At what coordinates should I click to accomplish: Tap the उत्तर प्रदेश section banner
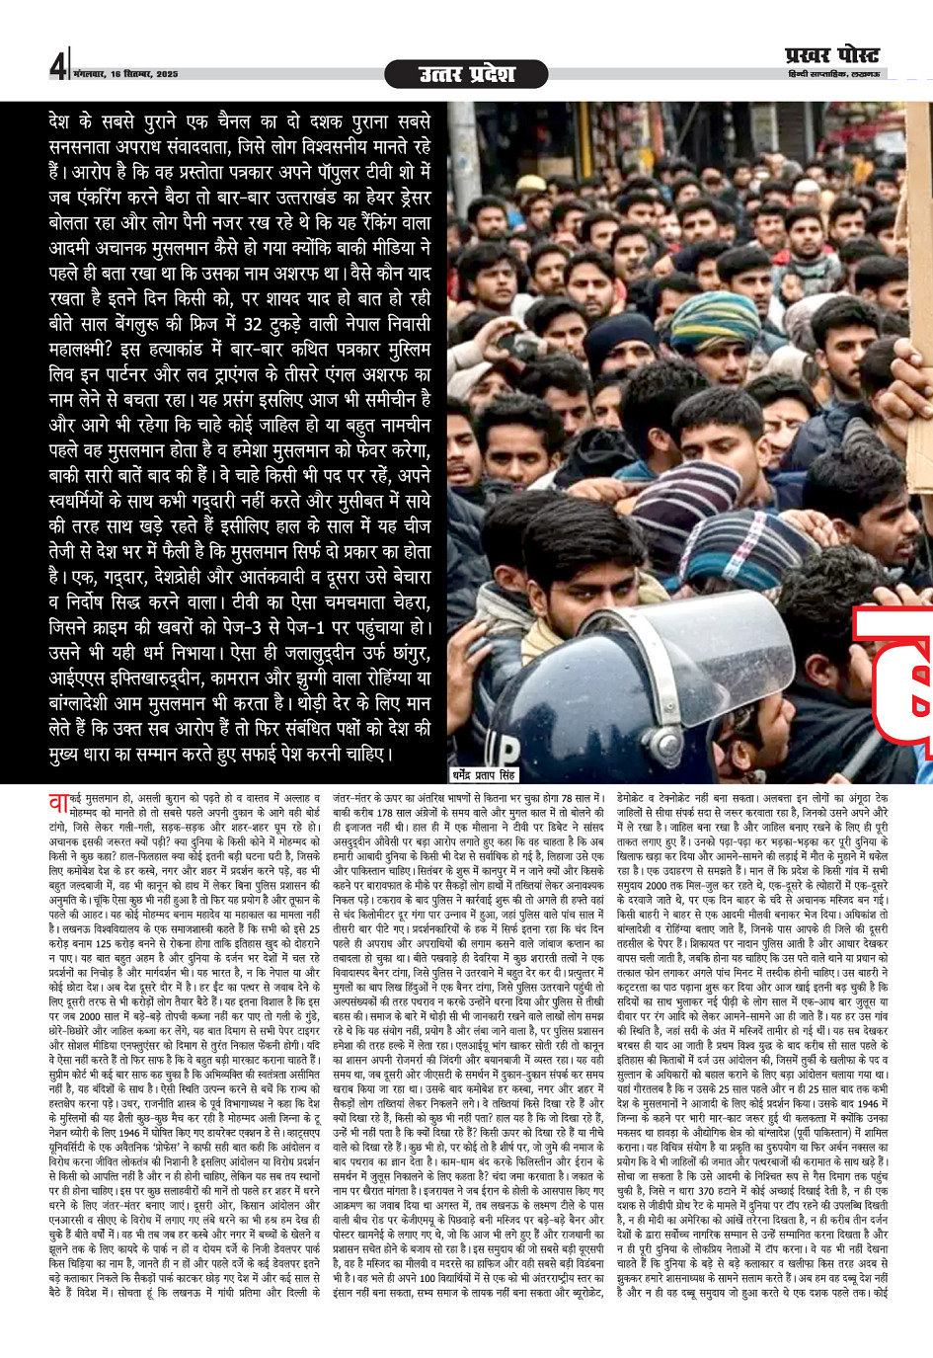(x=465, y=74)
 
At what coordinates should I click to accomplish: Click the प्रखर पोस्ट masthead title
(x=830, y=55)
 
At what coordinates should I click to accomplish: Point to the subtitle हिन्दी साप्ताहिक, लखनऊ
(x=835, y=75)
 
